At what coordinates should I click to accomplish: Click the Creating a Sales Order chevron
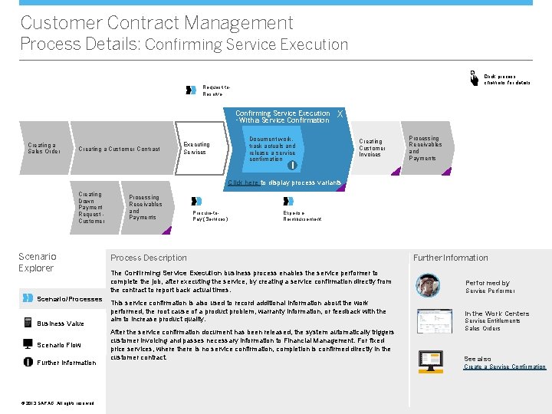tap(43, 148)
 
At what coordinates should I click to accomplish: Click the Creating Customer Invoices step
tap(371, 147)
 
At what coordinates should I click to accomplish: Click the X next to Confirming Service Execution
tap(340, 114)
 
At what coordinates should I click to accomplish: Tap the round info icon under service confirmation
tap(291, 165)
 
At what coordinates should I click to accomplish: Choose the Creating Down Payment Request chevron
tap(91, 208)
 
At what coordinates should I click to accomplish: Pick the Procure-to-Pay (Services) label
tap(211, 215)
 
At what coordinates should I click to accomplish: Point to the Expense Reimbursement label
tap(302, 215)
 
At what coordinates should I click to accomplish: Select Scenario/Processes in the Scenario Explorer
tap(69, 299)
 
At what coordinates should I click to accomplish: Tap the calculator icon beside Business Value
tap(28, 323)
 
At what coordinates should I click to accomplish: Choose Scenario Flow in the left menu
tap(58, 345)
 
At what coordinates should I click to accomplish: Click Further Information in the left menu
tap(66, 363)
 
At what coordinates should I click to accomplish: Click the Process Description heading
tap(149, 258)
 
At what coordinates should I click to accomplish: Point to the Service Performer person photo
tap(428, 286)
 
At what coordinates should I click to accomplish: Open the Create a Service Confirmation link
tap(504, 367)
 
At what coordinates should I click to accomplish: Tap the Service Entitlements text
tap(492, 320)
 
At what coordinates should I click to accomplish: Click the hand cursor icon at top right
tap(473, 77)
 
